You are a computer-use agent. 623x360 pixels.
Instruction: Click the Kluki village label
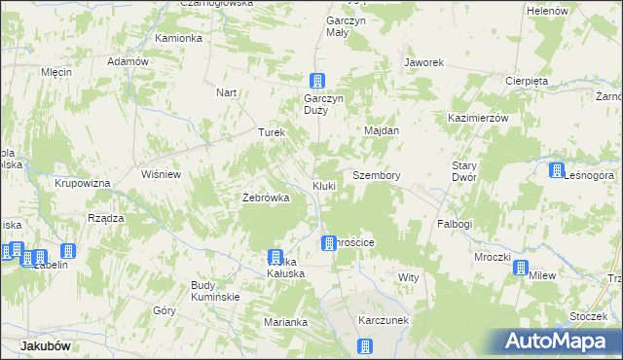click(x=324, y=185)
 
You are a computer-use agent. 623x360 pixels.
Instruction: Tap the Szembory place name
click(x=377, y=175)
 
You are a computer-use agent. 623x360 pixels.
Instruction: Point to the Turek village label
click(x=270, y=132)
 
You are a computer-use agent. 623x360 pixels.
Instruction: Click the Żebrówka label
click(x=266, y=198)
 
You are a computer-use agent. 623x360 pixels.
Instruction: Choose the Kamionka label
click(x=178, y=38)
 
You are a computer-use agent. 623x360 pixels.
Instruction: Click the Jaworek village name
click(x=424, y=62)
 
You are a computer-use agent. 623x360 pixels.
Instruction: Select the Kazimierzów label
click(x=479, y=117)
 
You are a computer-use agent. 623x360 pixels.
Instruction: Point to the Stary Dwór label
click(x=463, y=172)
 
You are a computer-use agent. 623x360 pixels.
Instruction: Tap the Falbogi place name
click(x=455, y=224)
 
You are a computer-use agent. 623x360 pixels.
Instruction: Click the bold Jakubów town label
click(x=46, y=345)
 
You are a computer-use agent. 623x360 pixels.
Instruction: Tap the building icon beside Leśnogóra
click(x=556, y=171)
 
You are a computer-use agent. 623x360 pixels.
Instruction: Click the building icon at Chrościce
click(x=329, y=242)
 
